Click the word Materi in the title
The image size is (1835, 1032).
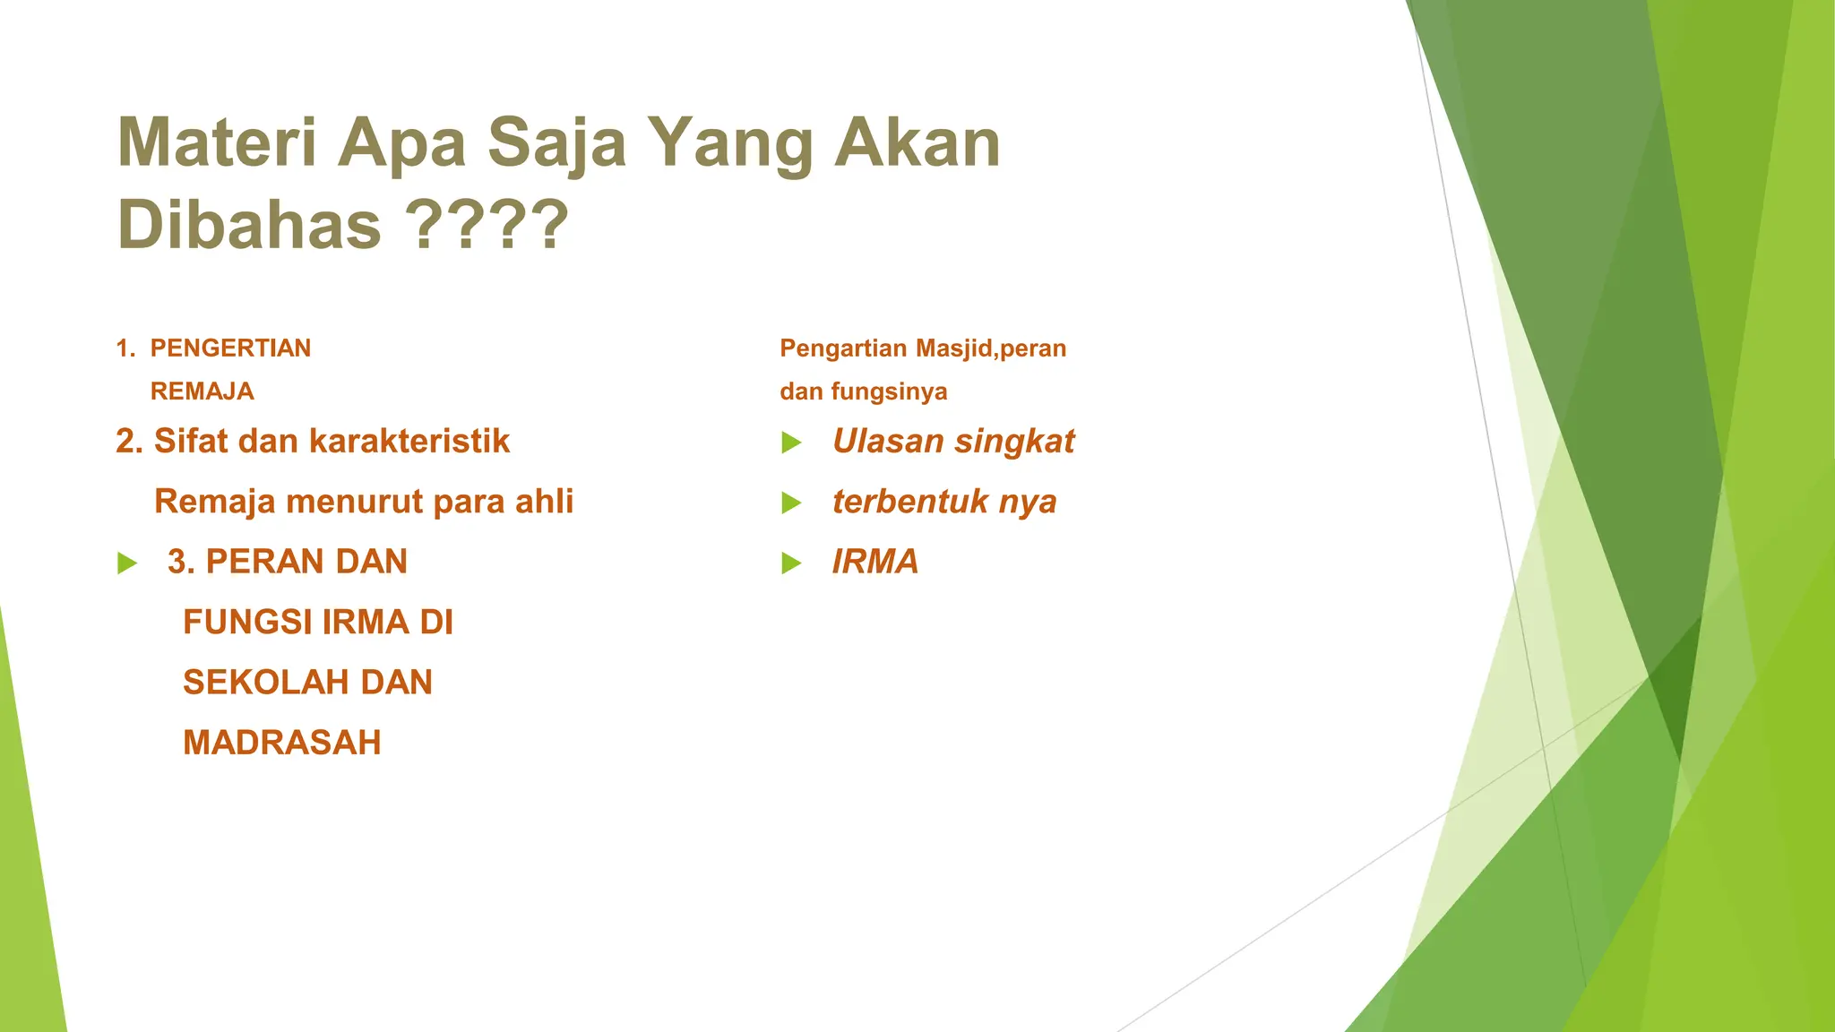click(x=217, y=143)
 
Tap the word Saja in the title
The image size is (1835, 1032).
click(x=556, y=143)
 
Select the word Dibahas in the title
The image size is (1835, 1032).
click(x=249, y=224)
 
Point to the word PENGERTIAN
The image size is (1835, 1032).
click(x=230, y=348)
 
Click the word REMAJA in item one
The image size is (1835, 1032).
click(x=202, y=391)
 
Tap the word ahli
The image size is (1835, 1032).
click(x=544, y=502)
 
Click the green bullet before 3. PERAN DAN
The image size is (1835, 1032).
click(x=127, y=563)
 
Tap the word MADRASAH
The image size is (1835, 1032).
click(x=282, y=743)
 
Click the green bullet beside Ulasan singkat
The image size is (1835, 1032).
click(x=791, y=443)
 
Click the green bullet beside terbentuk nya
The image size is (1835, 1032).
click(x=791, y=503)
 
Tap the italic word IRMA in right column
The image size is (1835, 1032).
click(x=875, y=562)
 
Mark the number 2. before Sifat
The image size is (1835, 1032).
click(x=130, y=442)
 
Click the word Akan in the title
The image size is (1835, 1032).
click(x=917, y=143)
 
